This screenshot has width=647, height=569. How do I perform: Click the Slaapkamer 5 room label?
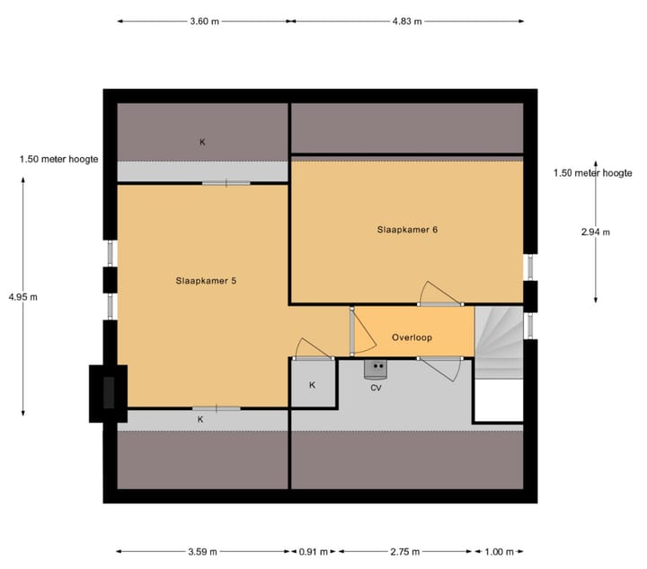(x=207, y=280)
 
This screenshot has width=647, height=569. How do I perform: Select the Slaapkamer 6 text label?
(x=407, y=229)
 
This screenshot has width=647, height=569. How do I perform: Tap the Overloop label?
(x=412, y=337)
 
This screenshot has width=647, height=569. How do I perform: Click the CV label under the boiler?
(x=376, y=388)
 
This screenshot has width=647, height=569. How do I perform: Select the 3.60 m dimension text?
(x=203, y=22)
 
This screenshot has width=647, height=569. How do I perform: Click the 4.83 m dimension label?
(x=407, y=22)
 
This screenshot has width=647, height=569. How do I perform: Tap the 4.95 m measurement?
(x=22, y=296)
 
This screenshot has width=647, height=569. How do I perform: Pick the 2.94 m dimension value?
(x=595, y=232)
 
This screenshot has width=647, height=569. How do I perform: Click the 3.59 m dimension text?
(x=202, y=552)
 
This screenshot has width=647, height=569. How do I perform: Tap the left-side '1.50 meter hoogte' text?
(x=58, y=159)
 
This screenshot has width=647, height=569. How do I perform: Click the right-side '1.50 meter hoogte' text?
(x=592, y=172)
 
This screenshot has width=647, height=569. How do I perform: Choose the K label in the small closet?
(x=312, y=385)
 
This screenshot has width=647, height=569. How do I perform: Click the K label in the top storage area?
(x=202, y=142)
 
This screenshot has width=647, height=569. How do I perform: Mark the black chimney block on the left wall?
(x=108, y=392)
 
